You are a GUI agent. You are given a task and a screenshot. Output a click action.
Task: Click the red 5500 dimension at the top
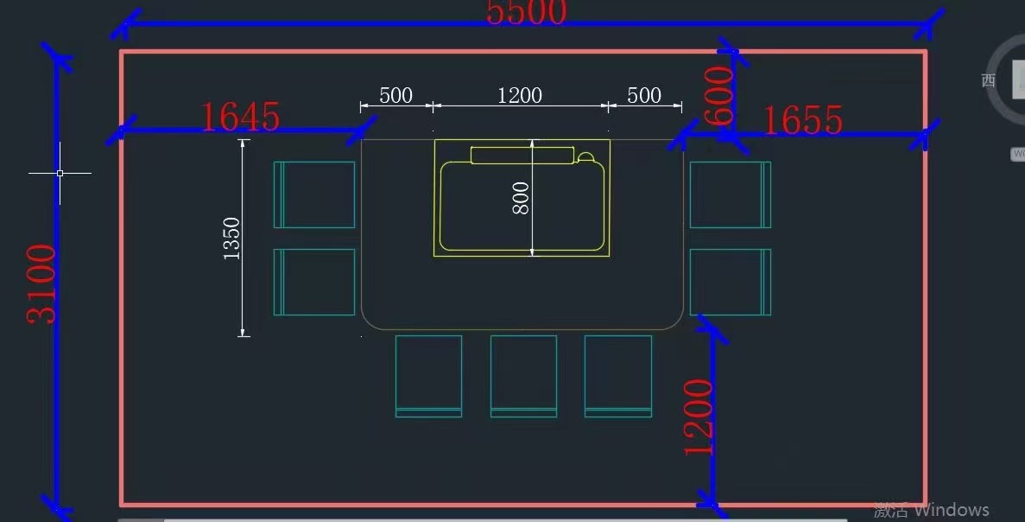(x=526, y=13)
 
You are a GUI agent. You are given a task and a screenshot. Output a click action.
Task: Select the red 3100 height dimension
(x=41, y=283)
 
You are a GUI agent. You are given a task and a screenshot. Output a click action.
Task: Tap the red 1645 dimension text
(x=240, y=118)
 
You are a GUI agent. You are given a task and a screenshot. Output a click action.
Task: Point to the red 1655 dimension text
(x=802, y=121)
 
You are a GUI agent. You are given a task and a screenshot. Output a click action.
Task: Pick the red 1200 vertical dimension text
(x=699, y=417)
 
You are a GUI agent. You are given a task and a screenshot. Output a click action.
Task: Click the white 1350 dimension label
(x=231, y=238)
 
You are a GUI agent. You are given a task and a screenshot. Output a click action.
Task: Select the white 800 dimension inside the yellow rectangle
(x=520, y=198)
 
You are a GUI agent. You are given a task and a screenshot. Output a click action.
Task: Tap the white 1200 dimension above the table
(x=519, y=95)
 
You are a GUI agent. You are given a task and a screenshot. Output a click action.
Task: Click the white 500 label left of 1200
(x=395, y=95)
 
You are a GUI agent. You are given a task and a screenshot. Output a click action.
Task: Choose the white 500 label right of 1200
(x=644, y=95)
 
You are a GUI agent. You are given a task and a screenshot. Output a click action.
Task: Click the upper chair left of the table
(x=314, y=194)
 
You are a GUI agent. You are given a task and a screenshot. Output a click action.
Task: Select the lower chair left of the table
(x=314, y=282)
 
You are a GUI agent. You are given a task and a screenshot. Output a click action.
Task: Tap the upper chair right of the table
(x=730, y=194)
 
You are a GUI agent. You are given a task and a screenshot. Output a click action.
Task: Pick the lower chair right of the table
(x=730, y=282)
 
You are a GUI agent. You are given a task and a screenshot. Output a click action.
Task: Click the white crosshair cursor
(x=60, y=173)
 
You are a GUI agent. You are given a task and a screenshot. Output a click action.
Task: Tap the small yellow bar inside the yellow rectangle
(x=522, y=155)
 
